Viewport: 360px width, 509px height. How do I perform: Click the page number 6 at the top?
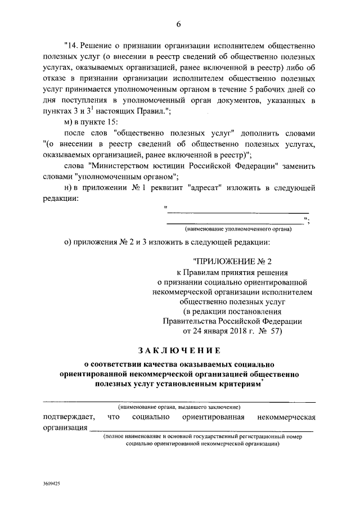[x=179, y=23]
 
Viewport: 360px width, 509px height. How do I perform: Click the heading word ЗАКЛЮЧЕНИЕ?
[x=179, y=350]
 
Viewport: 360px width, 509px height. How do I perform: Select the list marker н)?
[x=69, y=189]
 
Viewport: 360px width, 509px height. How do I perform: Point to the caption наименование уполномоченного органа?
[x=238, y=229]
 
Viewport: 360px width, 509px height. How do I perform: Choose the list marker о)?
[x=69, y=242]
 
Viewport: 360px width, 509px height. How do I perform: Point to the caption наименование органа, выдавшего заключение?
[x=179, y=406]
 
